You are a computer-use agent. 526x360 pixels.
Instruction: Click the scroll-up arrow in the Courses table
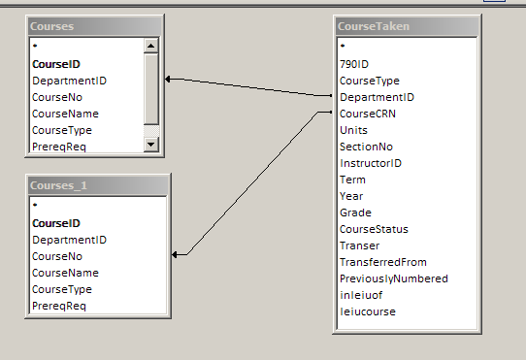150,45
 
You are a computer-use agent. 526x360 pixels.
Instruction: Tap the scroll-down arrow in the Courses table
150,145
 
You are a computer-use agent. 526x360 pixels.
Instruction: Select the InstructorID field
370,162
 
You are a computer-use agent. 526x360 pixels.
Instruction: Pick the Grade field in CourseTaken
355,213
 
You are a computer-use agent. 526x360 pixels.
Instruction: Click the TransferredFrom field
382,262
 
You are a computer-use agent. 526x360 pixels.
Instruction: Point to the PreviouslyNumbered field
393,278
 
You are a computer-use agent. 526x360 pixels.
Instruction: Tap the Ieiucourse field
367,311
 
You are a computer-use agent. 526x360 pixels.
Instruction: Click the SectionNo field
365,146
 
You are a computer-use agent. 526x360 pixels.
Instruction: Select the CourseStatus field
373,229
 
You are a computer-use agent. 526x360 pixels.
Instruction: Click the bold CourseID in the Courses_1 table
56,223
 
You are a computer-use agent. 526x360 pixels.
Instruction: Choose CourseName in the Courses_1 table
65,273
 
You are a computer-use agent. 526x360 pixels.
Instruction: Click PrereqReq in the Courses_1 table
59,306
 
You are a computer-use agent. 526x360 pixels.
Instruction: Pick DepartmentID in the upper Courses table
69,81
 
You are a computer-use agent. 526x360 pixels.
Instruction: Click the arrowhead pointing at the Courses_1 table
176,255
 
